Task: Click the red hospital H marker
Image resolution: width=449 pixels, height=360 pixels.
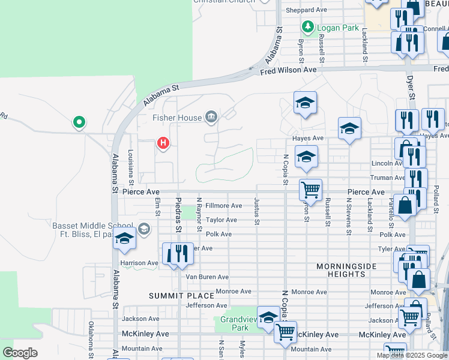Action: point(163,143)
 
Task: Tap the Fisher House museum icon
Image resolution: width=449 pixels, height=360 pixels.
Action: point(211,116)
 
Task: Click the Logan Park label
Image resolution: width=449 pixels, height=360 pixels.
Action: point(339,28)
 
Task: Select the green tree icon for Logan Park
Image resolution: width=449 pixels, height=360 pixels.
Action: point(308,27)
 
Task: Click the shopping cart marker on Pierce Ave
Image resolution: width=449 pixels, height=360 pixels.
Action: point(310,190)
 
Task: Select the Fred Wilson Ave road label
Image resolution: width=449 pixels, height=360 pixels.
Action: point(288,71)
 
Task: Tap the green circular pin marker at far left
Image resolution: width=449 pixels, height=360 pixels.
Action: point(79,123)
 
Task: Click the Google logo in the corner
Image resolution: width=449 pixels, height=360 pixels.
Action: point(20,353)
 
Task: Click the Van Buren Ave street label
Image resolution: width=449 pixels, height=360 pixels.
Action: point(206,277)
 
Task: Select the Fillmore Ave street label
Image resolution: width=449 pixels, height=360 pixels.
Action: point(223,206)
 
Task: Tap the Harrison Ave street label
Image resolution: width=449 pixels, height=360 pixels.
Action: point(139,263)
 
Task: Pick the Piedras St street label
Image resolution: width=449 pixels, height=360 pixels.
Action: point(178,214)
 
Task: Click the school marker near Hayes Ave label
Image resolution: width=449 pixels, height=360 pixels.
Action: point(349,129)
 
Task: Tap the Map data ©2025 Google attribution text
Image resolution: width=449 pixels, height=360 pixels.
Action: point(412,355)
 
